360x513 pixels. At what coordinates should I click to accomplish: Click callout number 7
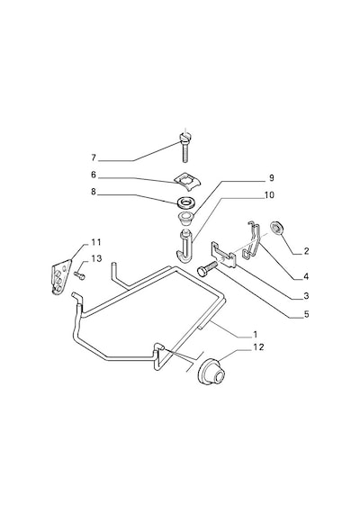pyautogui.click(x=94, y=157)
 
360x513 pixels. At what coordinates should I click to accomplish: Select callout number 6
pyautogui.click(x=94, y=175)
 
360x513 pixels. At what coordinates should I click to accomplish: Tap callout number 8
pyautogui.click(x=94, y=192)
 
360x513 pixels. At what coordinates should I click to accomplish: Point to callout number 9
pyautogui.click(x=271, y=178)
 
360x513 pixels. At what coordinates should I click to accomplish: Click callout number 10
pyautogui.click(x=269, y=195)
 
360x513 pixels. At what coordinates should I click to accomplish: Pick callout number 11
pyautogui.click(x=96, y=242)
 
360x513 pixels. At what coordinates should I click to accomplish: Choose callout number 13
pyautogui.click(x=96, y=259)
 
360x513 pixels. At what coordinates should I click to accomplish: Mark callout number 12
pyautogui.click(x=258, y=347)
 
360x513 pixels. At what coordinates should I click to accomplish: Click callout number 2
pyautogui.click(x=306, y=251)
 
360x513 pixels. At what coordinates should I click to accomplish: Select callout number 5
pyautogui.click(x=306, y=314)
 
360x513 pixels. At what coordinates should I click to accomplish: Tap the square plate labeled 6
pyautogui.click(x=187, y=181)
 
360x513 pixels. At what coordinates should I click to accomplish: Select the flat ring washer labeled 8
pyautogui.click(x=187, y=202)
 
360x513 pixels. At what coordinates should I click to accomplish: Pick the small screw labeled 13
pyautogui.click(x=80, y=276)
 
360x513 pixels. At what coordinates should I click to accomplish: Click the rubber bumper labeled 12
pyautogui.click(x=212, y=373)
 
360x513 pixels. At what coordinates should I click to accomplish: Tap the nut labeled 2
pyautogui.click(x=277, y=229)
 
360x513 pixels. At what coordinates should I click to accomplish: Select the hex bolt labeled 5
pyautogui.click(x=207, y=268)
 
